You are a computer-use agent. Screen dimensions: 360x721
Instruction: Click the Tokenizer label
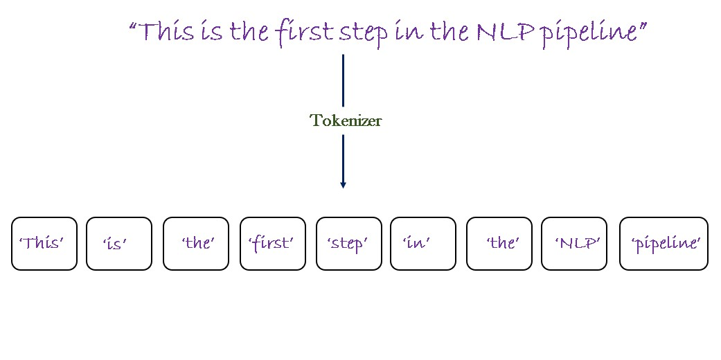pyautogui.click(x=345, y=120)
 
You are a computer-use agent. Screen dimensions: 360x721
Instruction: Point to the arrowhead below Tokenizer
pyautogui.click(x=343, y=184)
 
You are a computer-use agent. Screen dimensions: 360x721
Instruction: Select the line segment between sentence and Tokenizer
pyautogui.click(x=343, y=80)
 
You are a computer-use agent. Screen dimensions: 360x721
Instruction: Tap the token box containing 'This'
pyautogui.click(x=44, y=244)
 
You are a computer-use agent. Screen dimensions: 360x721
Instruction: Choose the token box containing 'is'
pyautogui.click(x=119, y=244)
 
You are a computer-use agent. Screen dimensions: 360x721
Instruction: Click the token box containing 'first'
pyautogui.click(x=272, y=244)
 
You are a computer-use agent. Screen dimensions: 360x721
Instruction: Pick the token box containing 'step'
pyautogui.click(x=348, y=244)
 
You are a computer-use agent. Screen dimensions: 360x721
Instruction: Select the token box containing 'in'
pyautogui.click(x=423, y=244)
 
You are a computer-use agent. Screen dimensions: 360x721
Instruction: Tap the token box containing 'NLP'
pyautogui.click(x=573, y=244)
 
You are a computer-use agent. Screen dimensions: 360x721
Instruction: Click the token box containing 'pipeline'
pyautogui.click(x=664, y=244)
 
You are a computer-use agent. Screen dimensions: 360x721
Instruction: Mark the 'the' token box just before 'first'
pyautogui.click(x=196, y=244)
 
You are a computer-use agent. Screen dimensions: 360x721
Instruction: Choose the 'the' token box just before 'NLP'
pyautogui.click(x=499, y=244)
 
